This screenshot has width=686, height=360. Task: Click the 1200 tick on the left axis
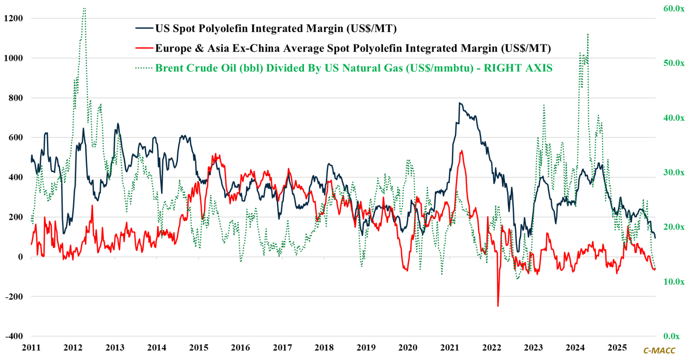[13, 19]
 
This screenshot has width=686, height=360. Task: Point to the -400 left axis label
[14, 336]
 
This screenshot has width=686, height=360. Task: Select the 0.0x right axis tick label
[671, 336]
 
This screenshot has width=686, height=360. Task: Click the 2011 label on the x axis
[31, 348]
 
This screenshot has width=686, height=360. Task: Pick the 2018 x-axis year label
[324, 348]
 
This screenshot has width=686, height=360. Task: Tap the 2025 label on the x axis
[617, 348]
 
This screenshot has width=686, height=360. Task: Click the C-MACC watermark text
[659, 351]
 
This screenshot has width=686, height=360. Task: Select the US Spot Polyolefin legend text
[276, 28]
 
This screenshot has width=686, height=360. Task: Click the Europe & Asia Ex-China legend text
[353, 48]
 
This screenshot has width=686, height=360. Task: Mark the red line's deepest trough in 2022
[498, 305]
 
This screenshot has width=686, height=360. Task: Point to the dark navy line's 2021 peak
[460, 103]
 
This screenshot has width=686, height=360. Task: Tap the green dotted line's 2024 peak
[588, 34]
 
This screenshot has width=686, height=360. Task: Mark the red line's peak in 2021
[462, 151]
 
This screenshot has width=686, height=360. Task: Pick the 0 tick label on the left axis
[21, 257]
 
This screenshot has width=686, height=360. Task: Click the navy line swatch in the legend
[144, 28]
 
